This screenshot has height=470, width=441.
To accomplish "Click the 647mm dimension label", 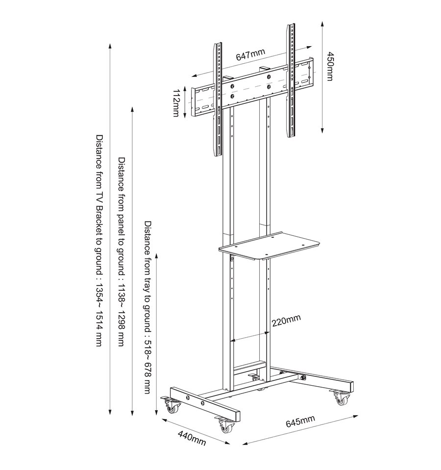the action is [x=250, y=54].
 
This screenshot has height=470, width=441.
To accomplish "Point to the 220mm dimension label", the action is [x=286, y=321].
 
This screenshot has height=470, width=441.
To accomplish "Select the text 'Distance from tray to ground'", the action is [x=147, y=276].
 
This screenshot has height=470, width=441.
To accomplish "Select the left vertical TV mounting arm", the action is [x=218, y=99].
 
